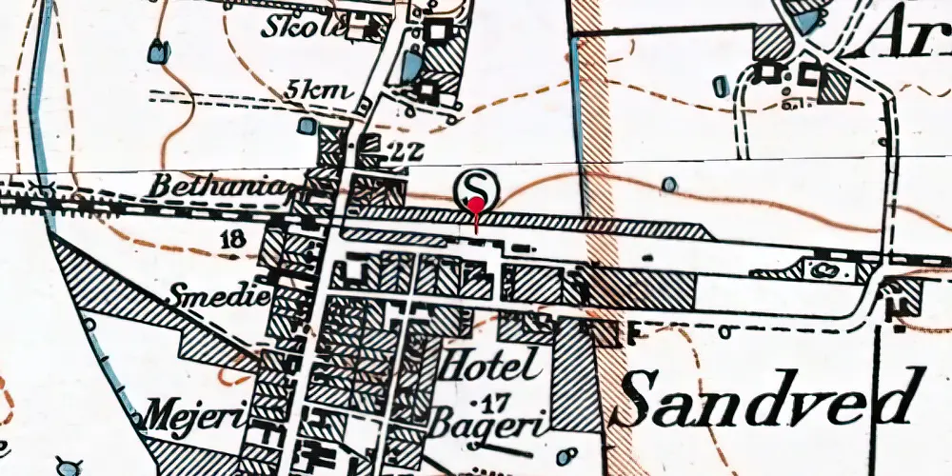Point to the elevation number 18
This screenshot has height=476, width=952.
click(230, 239)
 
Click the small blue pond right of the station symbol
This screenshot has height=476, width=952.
click(670, 183)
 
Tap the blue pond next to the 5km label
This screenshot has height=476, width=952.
click(304, 125)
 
